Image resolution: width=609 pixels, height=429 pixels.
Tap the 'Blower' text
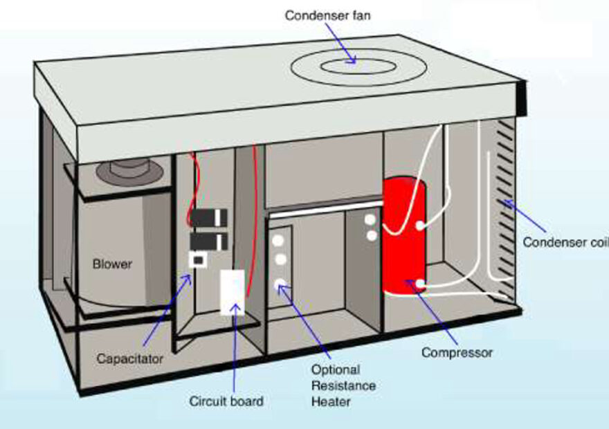coord(112,264)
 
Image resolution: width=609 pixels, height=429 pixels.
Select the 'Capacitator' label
coord(130,358)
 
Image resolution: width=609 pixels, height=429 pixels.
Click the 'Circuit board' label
coord(226,401)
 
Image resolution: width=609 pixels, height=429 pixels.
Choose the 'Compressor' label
coord(457,353)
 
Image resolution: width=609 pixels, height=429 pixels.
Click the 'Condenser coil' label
coord(565,242)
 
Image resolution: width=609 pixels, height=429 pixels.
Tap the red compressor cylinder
coord(403,235)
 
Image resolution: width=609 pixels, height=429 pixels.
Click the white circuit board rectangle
coord(233,293)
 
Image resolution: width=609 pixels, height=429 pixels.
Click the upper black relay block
coord(210,217)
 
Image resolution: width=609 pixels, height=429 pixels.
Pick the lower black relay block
coord(210,241)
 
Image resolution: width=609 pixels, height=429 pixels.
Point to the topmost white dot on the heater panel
coord(280,241)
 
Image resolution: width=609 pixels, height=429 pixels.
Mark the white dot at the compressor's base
coord(419,284)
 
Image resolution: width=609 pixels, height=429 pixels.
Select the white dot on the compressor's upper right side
coord(419,225)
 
